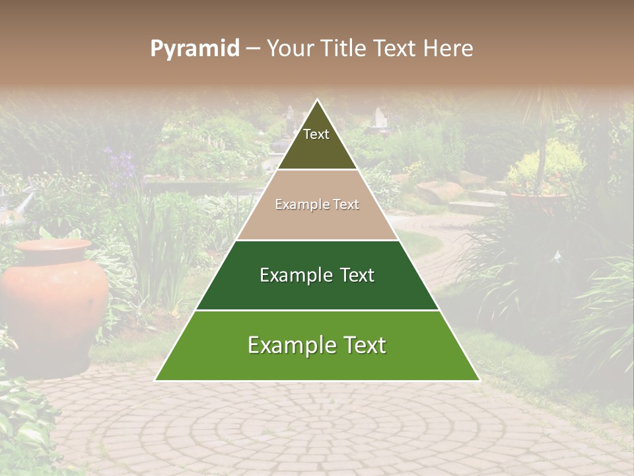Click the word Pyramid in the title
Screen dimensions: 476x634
click(x=194, y=49)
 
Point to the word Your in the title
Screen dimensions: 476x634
click(x=289, y=49)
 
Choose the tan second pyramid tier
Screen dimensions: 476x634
click(x=317, y=205)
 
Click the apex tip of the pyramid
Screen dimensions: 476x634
click(x=317, y=100)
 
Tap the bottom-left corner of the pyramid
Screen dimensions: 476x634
click(x=157, y=379)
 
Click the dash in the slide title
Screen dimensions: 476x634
click(x=252, y=49)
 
